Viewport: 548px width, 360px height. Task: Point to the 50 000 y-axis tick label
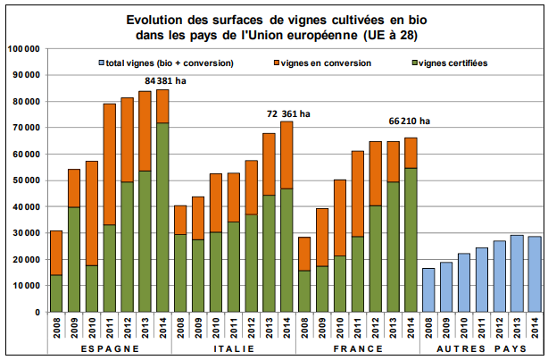[x=26, y=180]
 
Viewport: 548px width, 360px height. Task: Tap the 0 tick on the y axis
[x=37, y=312]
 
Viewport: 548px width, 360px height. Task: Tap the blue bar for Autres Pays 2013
[x=515, y=273]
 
